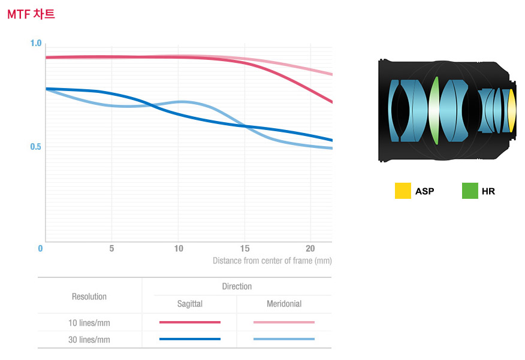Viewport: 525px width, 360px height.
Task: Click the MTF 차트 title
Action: pos(31,14)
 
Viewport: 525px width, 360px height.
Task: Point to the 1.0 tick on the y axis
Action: pos(36,43)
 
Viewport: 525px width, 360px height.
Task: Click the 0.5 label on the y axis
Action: pos(36,147)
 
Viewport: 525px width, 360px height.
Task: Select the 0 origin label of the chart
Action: pos(40,249)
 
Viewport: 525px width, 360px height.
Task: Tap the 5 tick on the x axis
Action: pos(111,249)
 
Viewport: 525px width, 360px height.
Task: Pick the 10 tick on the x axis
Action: pos(179,249)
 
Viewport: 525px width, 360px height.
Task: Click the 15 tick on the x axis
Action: pos(245,249)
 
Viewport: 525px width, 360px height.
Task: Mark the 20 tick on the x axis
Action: pos(310,249)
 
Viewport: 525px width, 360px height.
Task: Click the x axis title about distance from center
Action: pos(272,261)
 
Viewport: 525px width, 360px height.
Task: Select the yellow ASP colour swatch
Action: pos(403,191)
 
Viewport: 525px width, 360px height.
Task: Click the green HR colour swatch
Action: pos(470,191)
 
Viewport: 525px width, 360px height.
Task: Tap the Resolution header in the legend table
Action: pos(89,297)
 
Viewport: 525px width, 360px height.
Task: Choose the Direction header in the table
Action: pos(237,286)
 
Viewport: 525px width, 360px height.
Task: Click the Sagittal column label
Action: pos(190,304)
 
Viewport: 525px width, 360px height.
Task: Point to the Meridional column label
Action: pos(284,304)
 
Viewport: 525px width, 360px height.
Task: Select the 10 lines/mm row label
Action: pos(89,323)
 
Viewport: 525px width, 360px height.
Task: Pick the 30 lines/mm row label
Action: pos(89,340)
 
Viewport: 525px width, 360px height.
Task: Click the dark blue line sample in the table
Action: pos(190,339)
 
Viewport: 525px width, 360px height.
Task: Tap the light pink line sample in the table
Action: pos(284,322)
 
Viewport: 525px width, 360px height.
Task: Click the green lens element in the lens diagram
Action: pos(435,111)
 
